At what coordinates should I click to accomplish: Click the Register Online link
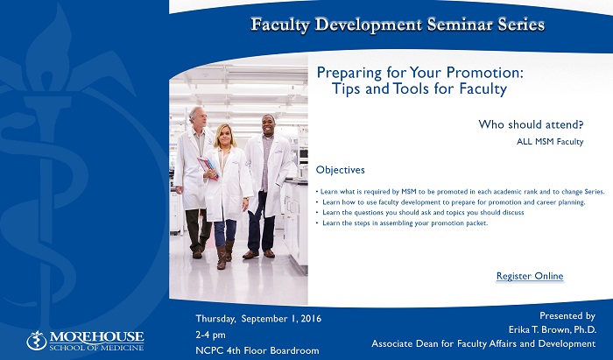point(530,276)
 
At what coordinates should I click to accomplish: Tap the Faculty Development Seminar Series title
point(398,25)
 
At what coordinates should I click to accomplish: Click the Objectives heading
point(340,170)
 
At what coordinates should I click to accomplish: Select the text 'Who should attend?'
point(531,124)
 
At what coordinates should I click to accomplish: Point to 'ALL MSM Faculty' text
point(550,142)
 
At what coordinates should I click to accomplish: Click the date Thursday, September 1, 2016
point(258,319)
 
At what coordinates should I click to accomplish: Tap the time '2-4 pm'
point(210,335)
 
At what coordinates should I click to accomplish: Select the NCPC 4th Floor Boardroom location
point(257,350)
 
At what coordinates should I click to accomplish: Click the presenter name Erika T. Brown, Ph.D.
point(552,330)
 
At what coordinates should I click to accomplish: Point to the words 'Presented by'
point(567,316)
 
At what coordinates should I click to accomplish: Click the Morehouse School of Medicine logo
point(85,341)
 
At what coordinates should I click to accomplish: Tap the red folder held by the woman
point(208,167)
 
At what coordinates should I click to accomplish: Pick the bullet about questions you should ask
point(419,213)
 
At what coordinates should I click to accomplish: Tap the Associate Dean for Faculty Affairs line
point(483,344)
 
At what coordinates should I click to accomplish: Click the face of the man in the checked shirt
point(268,125)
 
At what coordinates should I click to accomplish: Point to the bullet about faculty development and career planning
point(450,202)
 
